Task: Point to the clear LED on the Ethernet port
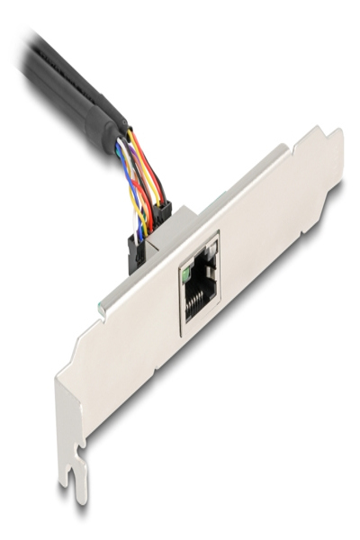point(213,247)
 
